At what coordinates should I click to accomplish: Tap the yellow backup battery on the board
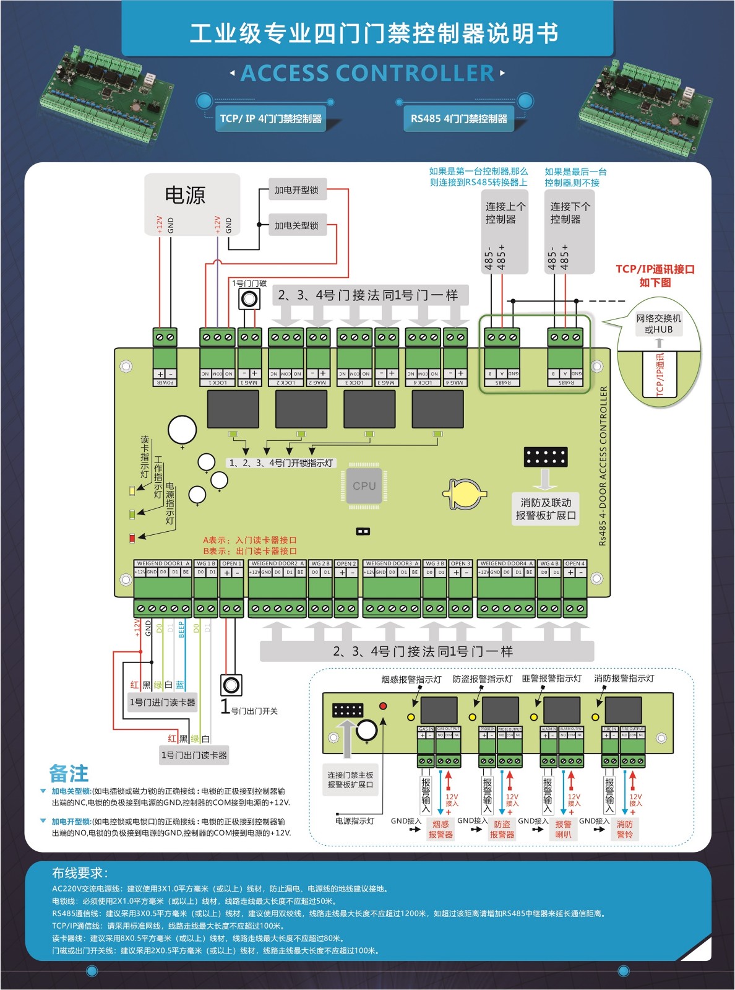coord(465,494)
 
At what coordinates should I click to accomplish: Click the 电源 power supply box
coord(192,204)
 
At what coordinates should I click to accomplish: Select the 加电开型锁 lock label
coord(297,190)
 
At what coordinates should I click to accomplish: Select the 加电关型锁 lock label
coord(297,225)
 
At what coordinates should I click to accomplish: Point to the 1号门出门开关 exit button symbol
coord(231,685)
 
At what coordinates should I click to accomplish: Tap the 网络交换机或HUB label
coord(658,324)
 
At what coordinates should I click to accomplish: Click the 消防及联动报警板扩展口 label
coord(546,509)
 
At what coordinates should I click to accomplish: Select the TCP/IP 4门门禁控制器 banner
coord(270,118)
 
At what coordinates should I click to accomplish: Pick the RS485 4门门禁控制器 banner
coord(458,118)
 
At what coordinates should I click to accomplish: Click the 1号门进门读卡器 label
coord(162,702)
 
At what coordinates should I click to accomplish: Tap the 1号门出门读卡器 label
coord(194,755)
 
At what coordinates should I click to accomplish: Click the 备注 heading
coord(69,773)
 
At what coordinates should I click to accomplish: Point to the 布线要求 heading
coord(80,873)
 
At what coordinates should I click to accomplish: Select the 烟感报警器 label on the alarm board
coord(441,829)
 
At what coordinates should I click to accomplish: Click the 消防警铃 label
coord(625,829)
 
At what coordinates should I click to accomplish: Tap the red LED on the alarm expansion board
coord(383,706)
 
